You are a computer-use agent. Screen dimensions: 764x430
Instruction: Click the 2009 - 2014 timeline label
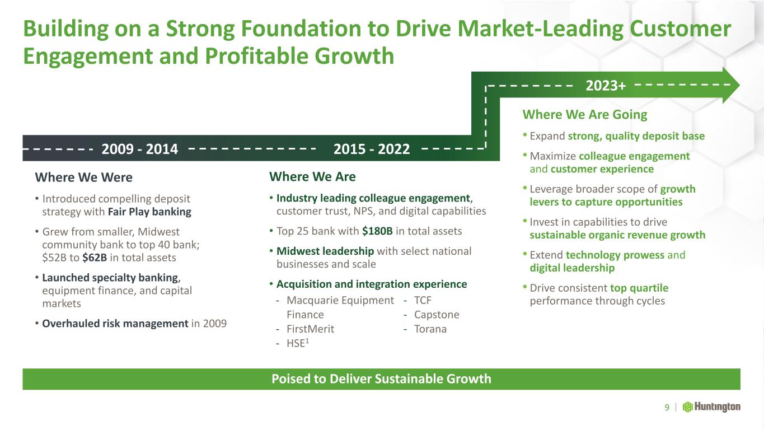click(x=140, y=149)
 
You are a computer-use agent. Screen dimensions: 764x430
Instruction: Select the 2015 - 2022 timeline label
click(x=372, y=149)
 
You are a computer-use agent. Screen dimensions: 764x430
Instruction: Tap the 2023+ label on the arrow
click(x=606, y=85)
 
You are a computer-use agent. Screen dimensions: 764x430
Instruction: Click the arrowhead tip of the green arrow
click(x=739, y=85)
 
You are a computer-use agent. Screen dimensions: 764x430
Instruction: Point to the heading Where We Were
click(x=83, y=177)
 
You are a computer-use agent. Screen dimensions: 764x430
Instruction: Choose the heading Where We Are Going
click(x=584, y=115)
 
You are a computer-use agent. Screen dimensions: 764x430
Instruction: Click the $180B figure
click(x=377, y=231)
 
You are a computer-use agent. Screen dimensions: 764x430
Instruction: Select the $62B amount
click(x=95, y=258)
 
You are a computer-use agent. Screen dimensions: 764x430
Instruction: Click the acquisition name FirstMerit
click(x=311, y=329)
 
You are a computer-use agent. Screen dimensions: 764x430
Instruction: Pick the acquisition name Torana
click(x=430, y=329)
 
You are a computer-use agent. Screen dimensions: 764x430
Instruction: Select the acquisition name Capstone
click(x=437, y=315)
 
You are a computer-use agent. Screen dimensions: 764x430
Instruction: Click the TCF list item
click(x=423, y=300)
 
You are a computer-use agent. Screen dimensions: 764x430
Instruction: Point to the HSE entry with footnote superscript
click(x=298, y=343)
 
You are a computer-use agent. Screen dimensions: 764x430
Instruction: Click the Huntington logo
click(x=711, y=407)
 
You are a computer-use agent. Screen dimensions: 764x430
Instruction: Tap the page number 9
click(x=667, y=407)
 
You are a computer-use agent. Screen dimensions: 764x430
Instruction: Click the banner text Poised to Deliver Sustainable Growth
click(x=381, y=379)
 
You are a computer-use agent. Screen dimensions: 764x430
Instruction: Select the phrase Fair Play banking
click(x=149, y=212)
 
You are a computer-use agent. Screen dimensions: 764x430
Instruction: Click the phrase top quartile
click(x=639, y=288)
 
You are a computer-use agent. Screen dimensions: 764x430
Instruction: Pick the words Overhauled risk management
click(x=115, y=323)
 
